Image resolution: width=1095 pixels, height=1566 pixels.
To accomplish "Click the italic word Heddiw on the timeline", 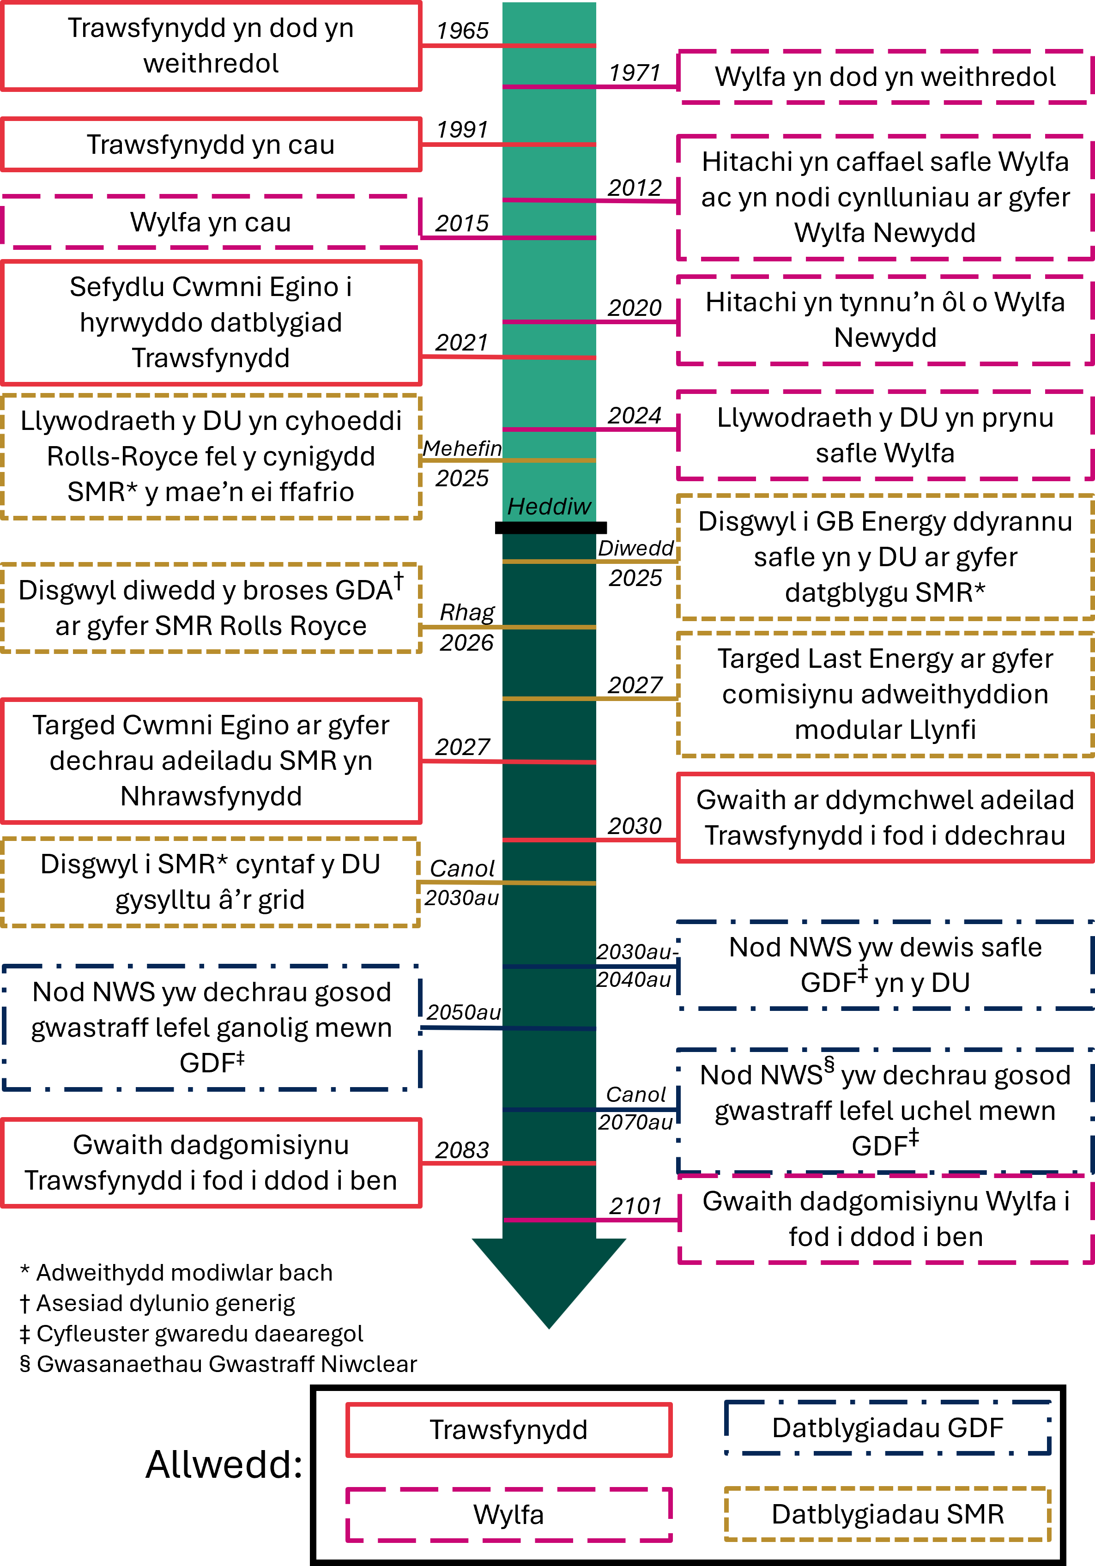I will click(549, 507).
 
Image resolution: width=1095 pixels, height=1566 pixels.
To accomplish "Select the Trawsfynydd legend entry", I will click(509, 1430).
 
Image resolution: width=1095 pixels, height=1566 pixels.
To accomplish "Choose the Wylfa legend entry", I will click(509, 1514).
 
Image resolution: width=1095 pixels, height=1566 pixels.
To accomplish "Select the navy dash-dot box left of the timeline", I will click(212, 1027).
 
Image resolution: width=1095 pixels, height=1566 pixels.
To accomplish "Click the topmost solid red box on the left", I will click(212, 46).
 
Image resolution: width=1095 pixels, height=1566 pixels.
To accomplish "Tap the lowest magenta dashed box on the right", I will click(885, 1219).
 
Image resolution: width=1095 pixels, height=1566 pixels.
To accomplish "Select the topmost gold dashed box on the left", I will click(212, 456).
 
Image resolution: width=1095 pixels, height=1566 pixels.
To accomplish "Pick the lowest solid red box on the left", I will click(212, 1163).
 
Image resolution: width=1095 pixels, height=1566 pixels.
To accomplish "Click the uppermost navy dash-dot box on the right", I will click(885, 965).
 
